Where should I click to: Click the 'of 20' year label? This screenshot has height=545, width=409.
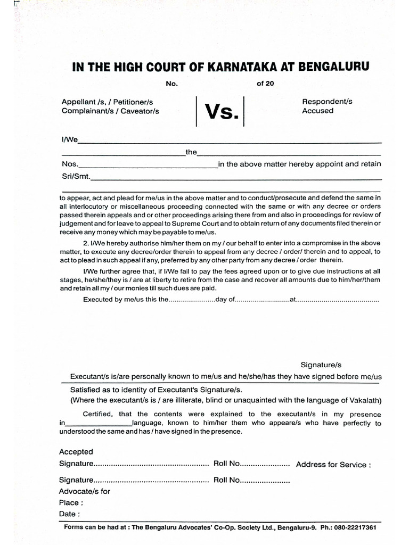click(265, 84)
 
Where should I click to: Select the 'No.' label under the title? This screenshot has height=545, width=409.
click(170, 84)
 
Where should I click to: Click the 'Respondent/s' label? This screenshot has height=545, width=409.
click(327, 101)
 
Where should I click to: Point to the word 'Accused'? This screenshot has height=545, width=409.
click(317, 111)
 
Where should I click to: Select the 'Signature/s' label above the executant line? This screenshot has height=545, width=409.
click(321, 365)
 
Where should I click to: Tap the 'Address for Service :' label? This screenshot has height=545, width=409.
click(333, 465)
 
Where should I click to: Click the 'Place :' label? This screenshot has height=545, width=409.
click(71, 502)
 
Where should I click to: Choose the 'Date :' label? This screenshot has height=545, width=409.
click(70, 514)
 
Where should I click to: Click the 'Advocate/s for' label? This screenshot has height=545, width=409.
click(84, 491)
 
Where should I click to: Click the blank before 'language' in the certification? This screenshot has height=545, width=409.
click(98, 424)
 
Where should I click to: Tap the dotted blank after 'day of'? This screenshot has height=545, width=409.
click(261, 299)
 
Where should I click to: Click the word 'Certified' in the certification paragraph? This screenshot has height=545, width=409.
click(99, 414)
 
